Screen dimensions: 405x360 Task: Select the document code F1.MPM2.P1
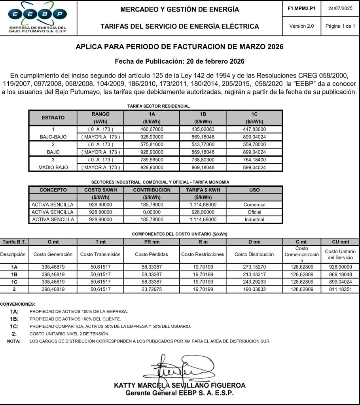[302, 8]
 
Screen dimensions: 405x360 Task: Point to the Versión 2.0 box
[302, 26]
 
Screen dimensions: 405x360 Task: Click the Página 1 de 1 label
[340, 26]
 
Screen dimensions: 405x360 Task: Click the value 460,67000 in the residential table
[152, 129]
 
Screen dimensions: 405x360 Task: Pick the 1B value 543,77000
[203, 144]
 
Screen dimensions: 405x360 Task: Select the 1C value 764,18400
[254, 160]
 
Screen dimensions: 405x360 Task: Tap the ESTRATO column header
[53, 117]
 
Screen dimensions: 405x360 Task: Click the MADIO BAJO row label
[53, 167]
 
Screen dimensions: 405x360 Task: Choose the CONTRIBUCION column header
[152, 190]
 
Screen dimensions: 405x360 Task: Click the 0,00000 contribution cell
[152, 212]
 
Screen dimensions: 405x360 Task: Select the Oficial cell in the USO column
[254, 212]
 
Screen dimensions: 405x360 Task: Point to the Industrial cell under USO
[254, 220]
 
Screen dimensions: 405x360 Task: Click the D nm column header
[254, 242]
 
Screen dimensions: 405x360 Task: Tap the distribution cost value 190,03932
[254, 290]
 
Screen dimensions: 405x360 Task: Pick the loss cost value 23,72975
[152, 290]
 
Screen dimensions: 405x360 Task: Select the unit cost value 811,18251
[340, 290]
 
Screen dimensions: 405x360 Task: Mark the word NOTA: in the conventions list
[14, 341]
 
